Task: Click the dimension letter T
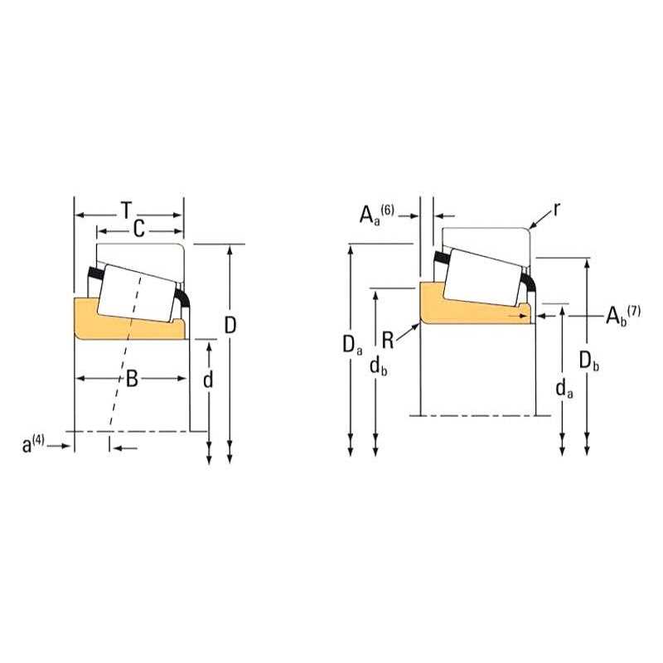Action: point(127,211)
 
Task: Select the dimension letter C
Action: point(139,230)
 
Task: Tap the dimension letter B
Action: point(132,378)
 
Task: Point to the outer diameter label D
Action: point(230,325)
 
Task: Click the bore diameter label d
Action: point(208,380)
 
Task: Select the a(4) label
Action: point(33,444)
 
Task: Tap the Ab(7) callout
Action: point(623,316)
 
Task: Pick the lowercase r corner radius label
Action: point(556,209)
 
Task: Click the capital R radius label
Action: point(388,341)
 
